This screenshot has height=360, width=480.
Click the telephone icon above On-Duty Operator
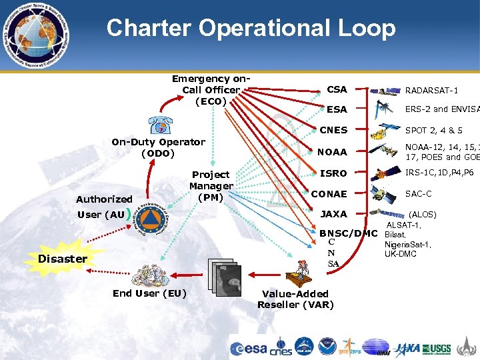(x=160, y=125)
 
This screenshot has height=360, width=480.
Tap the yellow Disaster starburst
(x=63, y=258)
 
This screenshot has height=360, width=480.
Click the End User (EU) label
(x=149, y=293)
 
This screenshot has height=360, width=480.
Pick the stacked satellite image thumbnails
(x=227, y=273)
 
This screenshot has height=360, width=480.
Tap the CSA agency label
(x=337, y=89)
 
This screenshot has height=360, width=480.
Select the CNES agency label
(x=334, y=131)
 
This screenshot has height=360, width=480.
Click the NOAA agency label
(x=332, y=152)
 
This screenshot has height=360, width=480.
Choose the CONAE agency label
(x=329, y=194)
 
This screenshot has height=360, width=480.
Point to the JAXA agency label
(x=334, y=215)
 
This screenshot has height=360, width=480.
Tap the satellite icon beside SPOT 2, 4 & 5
(x=387, y=130)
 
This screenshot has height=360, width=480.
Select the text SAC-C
(x=419, y=194)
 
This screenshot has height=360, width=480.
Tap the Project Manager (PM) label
(x=211, y=186)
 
